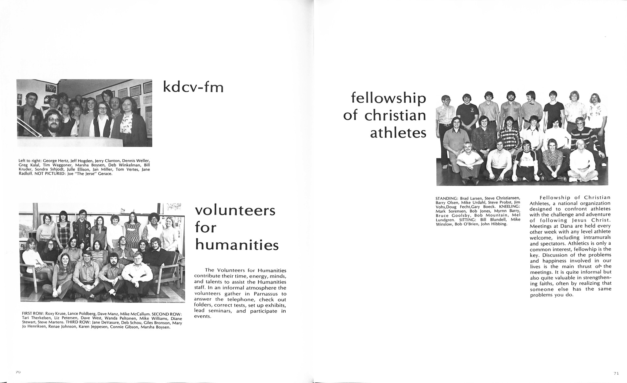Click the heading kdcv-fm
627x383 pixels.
click(193, 87)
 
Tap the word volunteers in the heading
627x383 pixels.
click(235, 210)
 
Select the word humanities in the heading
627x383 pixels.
click(237, 245)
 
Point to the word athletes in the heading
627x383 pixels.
click(398, 133)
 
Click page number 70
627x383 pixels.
click(18, 372)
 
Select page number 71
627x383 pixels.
click(616, 373)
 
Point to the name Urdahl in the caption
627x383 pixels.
click(476, 202)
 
